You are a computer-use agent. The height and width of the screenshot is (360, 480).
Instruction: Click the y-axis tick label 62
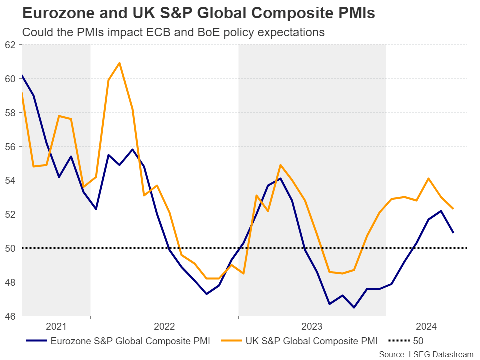tap(10, 45)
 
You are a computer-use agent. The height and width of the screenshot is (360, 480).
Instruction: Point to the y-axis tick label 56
tap(10, 147)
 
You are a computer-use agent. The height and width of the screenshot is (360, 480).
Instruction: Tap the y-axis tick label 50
tap(10, 248)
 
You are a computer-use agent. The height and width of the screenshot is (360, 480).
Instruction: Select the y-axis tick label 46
tap(10, 316)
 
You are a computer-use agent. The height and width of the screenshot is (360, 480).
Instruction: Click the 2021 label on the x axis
tap(56, 327)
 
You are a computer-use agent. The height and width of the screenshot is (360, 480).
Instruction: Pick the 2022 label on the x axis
tap(164, 327)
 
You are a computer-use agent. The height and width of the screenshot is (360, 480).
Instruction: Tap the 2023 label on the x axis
tap(312, 327)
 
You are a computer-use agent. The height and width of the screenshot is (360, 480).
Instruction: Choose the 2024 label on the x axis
tap(426, 327)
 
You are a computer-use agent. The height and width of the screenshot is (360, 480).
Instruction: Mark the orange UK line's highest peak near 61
tap(120, 63)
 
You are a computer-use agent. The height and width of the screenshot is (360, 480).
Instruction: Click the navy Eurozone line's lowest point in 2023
tap(354, 307)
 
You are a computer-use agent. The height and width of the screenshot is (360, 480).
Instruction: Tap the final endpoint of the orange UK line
tap(453, 208)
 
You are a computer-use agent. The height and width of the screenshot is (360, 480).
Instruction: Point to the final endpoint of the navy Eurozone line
tap(453, 232)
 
